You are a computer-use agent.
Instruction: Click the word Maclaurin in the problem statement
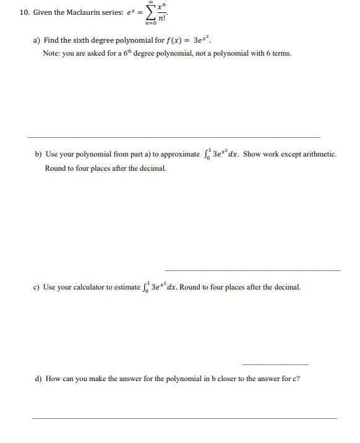[x=78, y=12]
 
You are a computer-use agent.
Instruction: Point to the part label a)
[x=37, y=40]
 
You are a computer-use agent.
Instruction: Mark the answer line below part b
[x=252, y=270]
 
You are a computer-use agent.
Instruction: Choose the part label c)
[x=37, y=288]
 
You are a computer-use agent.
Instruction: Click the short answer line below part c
[x=275, y=364]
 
